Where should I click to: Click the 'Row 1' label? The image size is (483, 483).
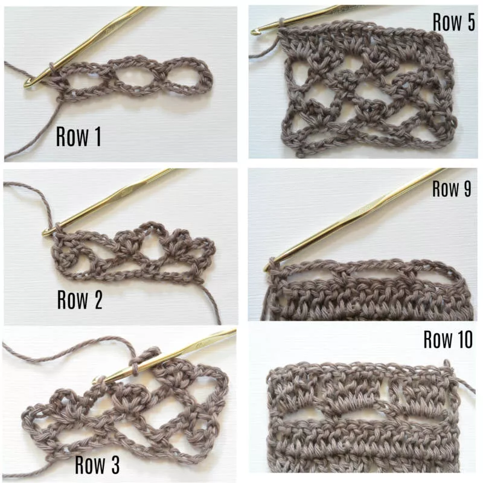[78, 136]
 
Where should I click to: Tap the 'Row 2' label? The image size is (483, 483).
[80, 299]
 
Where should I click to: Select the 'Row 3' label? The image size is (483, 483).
[97, 464]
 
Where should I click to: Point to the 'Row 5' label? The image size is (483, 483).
[454, 22]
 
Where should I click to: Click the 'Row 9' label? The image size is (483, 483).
[452, 188]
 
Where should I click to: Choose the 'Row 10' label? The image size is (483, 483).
[448, 339]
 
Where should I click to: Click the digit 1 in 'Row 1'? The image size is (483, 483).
[98, 136]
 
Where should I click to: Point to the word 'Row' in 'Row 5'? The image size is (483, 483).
[446, 22]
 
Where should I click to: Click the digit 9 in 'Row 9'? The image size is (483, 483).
[467, 188]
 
